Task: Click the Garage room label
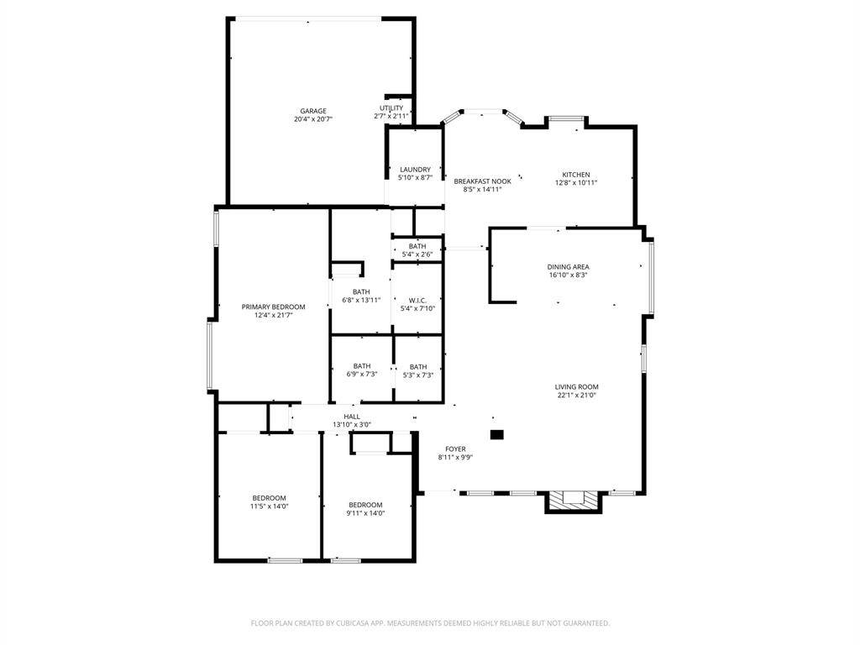click(x=313, y=111)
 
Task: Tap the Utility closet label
click(x=391, y=108)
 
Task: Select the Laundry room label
click(x=415, y=170)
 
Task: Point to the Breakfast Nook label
click(x=483, y=181)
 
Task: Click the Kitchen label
click(x=576, y=175)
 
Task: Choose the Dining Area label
click(x=569, y=266)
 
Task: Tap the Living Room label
click(x=576, y=386)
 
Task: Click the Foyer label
click(x=455, y=448)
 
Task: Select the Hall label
click(x=352, y=417)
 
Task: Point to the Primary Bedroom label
click(x=273, y=307)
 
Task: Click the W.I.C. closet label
click(x=417, y=300)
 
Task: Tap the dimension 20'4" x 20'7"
click(x=313, y=119)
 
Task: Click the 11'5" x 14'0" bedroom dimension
click(x=270, y=506)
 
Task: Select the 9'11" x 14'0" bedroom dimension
click(x=366, y=513)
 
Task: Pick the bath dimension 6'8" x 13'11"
click(x=361, y=300)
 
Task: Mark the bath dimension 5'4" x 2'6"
click(x=417, y=254)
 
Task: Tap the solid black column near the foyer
click(x=496, y=434)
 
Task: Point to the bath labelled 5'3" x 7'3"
click(x=418, y=370)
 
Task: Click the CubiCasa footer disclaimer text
click(x=430, y=623)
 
